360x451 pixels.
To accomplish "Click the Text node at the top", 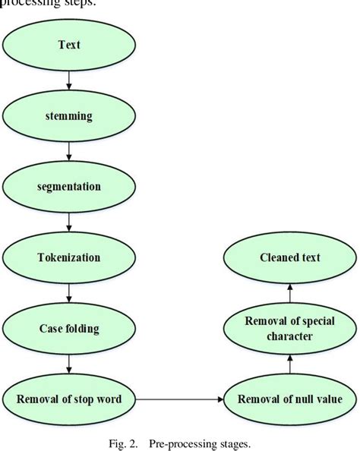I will [69, 44].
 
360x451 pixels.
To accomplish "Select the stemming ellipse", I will [69, 115].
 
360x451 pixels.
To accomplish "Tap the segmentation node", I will [69, 185].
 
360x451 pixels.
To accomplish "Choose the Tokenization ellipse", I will [69, 257].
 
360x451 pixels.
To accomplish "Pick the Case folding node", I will [69, 328].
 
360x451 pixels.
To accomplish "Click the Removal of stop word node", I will [69, 399].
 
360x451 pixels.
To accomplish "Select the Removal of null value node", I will [289, 399].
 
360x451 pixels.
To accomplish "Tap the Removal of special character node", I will [289, 328].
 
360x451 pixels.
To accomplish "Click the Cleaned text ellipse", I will [289, 257].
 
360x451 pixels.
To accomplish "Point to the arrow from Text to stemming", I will [69, 80].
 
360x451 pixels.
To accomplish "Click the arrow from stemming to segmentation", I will [69, 150].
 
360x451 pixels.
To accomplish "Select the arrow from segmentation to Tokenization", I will [69, 221].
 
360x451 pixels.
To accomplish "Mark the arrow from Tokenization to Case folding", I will [69, 292].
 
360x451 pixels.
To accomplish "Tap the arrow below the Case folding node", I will [69, 364].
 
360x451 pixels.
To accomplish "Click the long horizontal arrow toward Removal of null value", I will [180, 399].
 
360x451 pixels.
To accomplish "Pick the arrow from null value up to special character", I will [289, 364].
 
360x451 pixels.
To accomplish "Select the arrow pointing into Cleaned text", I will [289, 292].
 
